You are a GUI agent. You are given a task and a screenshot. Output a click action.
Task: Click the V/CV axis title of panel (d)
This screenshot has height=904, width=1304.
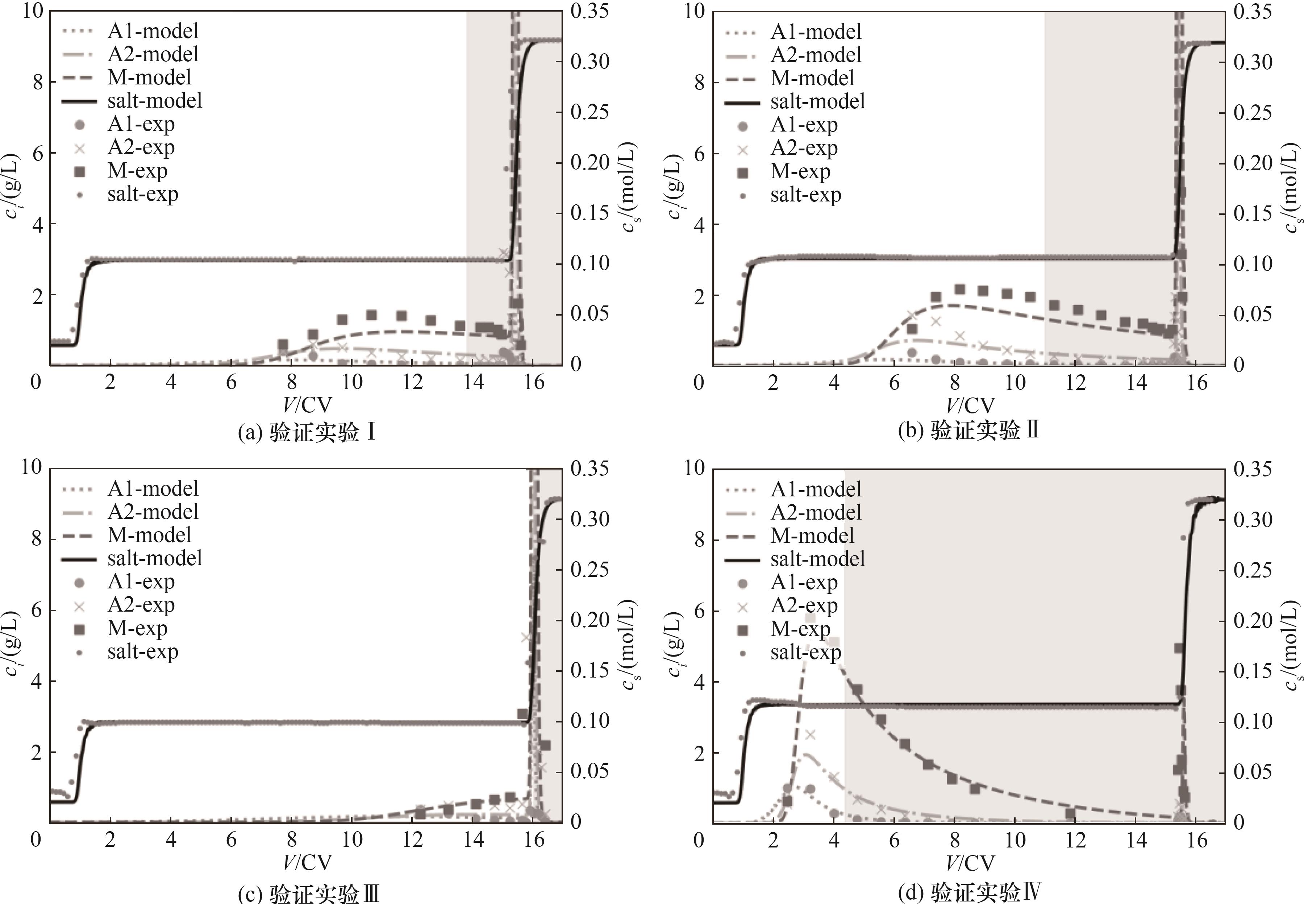point(970,863)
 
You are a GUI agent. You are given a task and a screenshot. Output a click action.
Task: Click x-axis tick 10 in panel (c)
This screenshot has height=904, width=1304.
point(352,840)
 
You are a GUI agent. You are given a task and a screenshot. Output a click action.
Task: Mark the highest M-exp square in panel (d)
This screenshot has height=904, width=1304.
point(810,618)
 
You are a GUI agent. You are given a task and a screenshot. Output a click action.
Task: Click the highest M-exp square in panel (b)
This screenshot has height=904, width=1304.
point(959,289)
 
